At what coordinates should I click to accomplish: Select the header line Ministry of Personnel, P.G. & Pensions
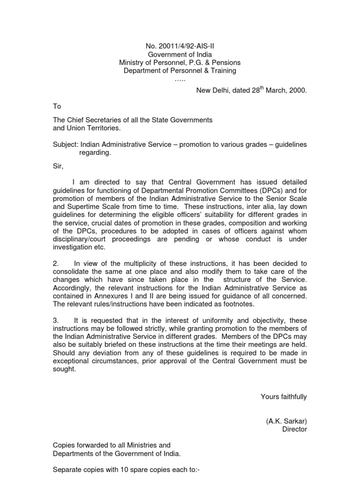tap(180, 62)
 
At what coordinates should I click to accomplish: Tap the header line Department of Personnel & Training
tap(180, 71)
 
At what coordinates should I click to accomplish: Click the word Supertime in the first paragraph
tap(85, 205)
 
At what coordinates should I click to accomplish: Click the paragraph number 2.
tap(55, 263)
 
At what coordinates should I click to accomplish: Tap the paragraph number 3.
tap(55, 320)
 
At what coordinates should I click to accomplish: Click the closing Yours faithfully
tap(284, 397)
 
